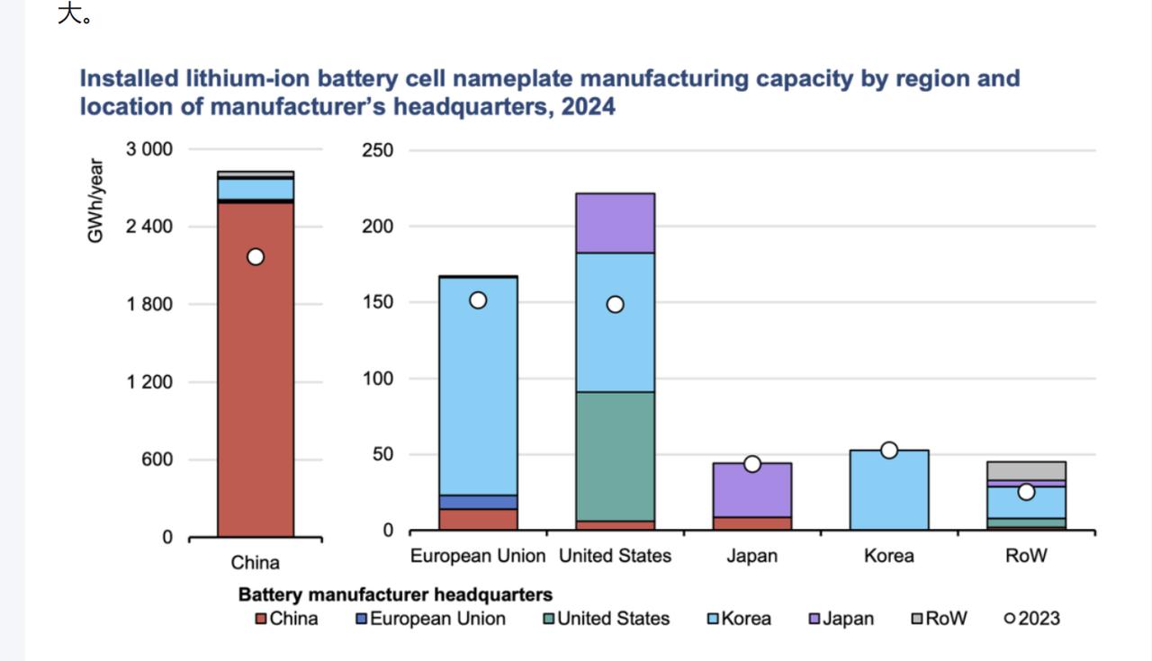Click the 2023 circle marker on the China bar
tap(256, 257)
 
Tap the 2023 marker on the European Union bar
tap(478, 300)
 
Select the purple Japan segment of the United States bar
tap(615, 223)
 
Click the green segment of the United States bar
tap(615, 456)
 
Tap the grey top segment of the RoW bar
tap(1026, 470)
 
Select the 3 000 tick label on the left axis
tap(148, 149)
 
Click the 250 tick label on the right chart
tap(378, 150)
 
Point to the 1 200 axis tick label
tap(148, 382)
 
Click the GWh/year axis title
tap(95, 201)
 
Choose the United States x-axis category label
tap(615, 556)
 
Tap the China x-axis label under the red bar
tap(256, 563)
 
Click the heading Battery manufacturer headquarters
tap(395, 594)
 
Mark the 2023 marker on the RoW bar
tap(1026, 492)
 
